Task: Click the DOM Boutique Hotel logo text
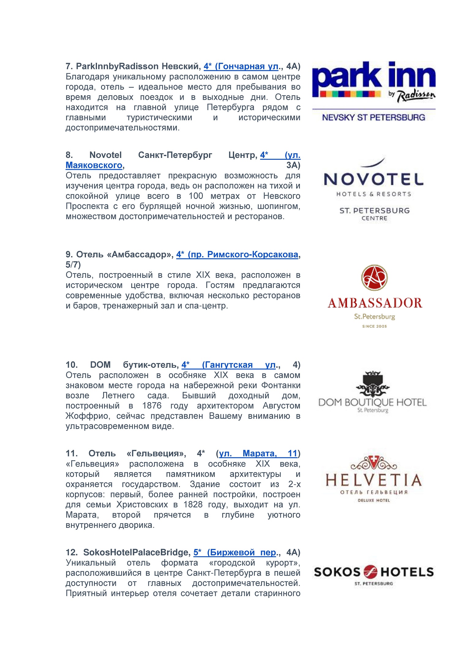pyautogui.click(x=372, y=402)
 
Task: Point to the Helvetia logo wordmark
pyautogui.click(x=373, y=480)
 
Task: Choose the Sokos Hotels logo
pyautogui.click(x=374, y=572)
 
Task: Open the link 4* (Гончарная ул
pyautogui.click(x=241, y=66)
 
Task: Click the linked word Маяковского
pyautogui.click(x=94, y=165)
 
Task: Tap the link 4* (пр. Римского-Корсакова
pyautogui.click(x=237, y=255)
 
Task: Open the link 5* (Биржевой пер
pyautogui.click(x=235, y=552)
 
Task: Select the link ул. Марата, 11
pyautogui.click(x=258, y=453)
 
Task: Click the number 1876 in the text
pyautogui.click(x=152, y=406)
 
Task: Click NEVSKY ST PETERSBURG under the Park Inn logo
pyautogui.click(x=373, y=117)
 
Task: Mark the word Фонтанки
pyautogui.click(x=281, y=385)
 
